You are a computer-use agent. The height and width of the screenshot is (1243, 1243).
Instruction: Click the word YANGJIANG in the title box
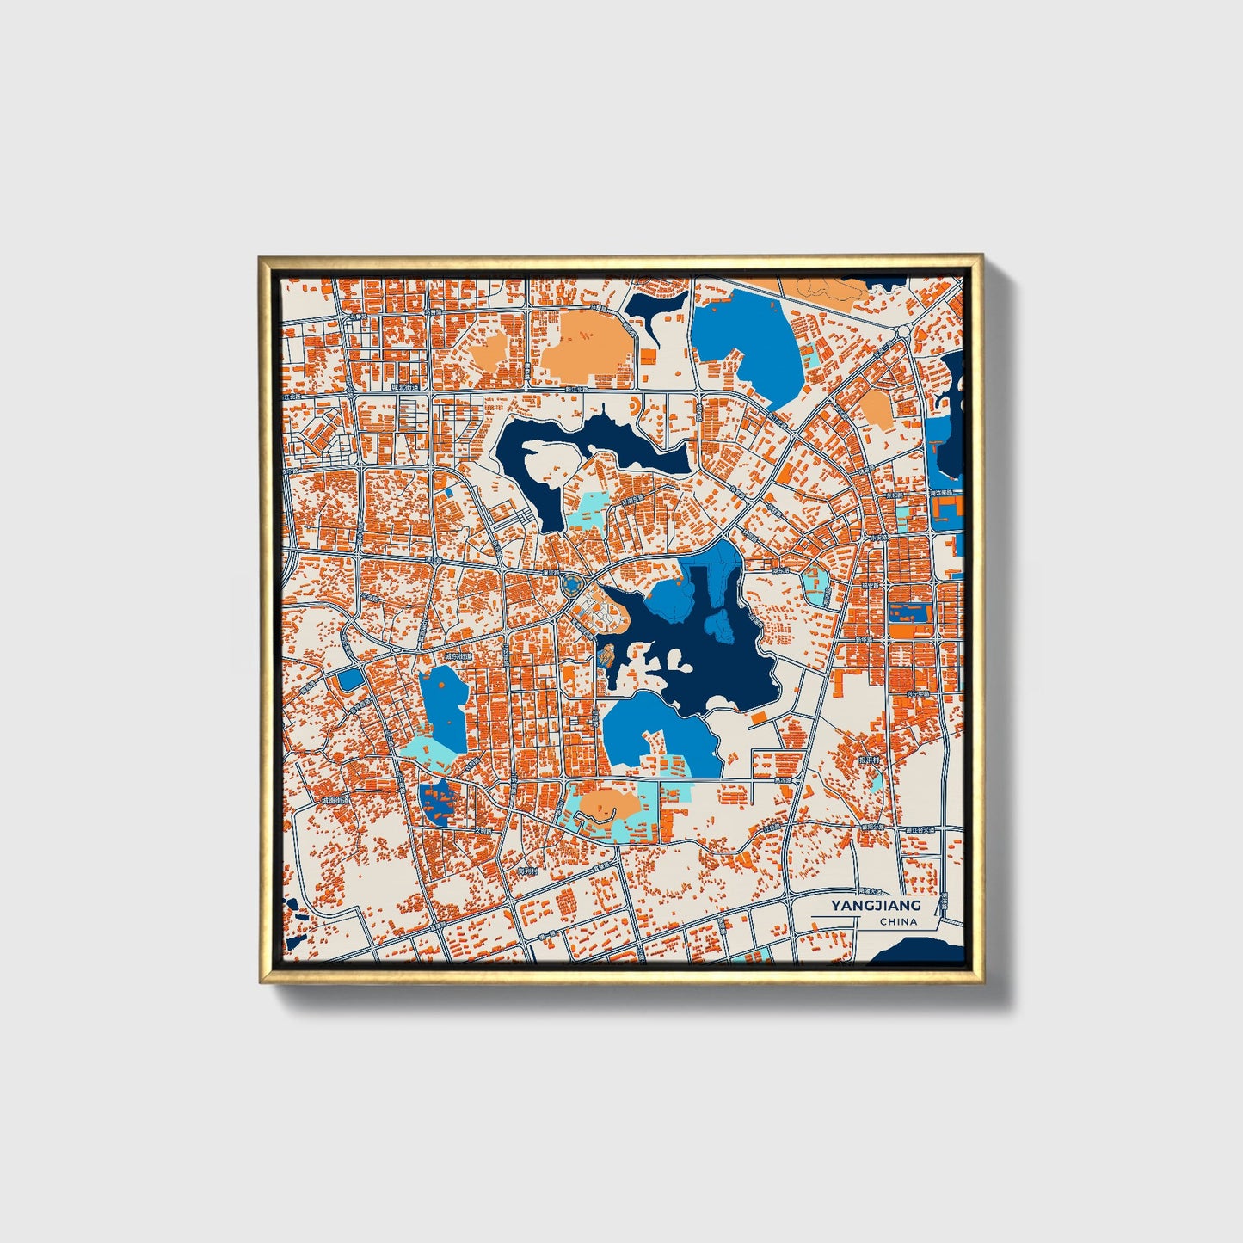(876, 905)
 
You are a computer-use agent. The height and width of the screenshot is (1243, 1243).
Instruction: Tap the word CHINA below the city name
(898, 921)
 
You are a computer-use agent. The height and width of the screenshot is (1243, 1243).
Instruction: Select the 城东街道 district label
(458, 656)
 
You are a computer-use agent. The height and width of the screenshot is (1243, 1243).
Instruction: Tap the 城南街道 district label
(335, 800)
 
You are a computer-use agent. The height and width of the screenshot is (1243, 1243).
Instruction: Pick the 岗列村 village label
(528, 871)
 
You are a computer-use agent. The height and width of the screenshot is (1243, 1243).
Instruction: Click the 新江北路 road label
(575, 389)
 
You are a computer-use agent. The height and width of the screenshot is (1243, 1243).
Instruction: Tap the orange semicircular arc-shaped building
(635, 403)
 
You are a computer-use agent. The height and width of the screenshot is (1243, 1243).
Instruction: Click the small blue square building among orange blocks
(448, 491)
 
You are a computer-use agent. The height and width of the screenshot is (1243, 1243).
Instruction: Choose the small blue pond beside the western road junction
(350, 679)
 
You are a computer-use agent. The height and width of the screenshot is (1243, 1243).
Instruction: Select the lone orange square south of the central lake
(758, 716)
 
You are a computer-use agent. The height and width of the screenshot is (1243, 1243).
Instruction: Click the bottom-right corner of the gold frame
(981, 981)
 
